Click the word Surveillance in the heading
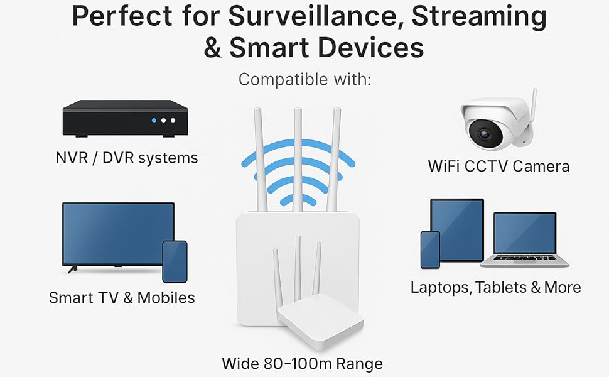[316, 17]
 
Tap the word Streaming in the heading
[479, 17]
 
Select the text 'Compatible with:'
[305, 80]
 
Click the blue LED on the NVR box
[153, 120]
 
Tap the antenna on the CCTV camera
[534, 110]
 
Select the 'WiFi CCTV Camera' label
[499, 166]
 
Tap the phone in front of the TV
[175, 261]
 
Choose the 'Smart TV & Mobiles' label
[122, 297]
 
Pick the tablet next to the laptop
[457, 230]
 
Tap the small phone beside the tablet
[430, 249]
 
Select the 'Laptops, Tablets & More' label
[495, 287]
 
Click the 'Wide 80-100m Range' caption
[302, 363]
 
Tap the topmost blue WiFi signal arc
[298, 150]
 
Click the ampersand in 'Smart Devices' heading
[213, 48]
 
